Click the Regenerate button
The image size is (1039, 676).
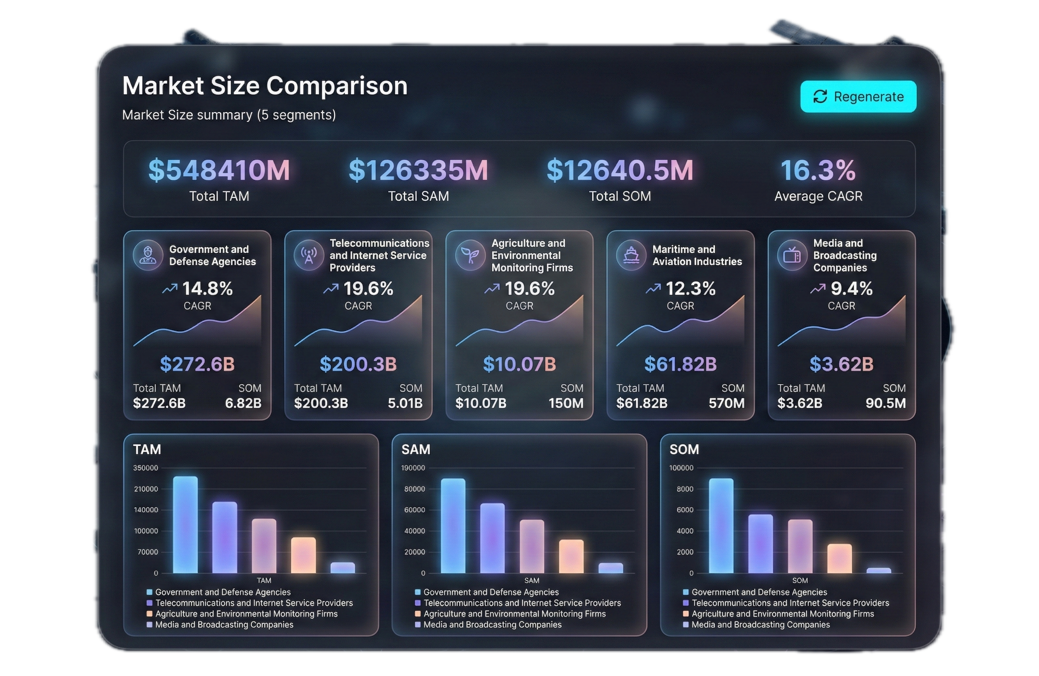(858, 97)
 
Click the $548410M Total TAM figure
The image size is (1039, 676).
(219, 170)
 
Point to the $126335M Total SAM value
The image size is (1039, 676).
(418, 170)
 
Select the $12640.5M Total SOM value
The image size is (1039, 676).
(619, 170)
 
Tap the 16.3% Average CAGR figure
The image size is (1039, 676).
(818, 170)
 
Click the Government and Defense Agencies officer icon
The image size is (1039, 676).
(148, 255)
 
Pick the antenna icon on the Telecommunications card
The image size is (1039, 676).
(308, 255)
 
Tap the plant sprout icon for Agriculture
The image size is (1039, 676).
(470, 255)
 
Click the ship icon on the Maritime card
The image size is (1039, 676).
(631, 255)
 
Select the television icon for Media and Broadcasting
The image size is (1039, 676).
(792, 255)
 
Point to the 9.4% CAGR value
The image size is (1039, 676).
(851, 288)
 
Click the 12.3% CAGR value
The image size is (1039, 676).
(690, 288)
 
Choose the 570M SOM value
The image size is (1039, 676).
(726, 403)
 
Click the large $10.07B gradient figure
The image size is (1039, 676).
(519, 364)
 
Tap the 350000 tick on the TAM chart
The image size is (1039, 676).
(146, 468)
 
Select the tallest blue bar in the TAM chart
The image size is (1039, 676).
(185, 524)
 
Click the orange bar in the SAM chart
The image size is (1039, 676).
(571, 556)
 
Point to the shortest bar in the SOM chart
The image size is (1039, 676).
(878, 570)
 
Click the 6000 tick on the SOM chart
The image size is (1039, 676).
(685, 510)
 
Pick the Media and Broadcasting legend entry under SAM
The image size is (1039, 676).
(492, 624)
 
